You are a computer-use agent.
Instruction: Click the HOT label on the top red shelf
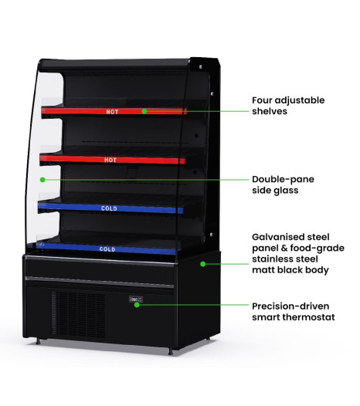[112, 112]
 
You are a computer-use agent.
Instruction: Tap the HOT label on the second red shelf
[110, 160]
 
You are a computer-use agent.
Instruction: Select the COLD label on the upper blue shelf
[109, 208]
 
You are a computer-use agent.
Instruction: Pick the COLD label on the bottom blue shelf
[107, 249]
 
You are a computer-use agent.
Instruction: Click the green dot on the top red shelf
[144, 111]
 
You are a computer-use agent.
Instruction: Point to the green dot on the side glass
[42, 180]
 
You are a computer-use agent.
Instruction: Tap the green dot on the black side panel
[203, 264]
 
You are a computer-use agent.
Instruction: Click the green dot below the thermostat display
[137, 305]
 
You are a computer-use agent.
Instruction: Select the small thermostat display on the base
[136, 299]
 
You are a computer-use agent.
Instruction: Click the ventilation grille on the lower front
[78, 313]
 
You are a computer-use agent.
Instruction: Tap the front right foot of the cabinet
[170, 351]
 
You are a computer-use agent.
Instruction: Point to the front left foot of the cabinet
[38, 341]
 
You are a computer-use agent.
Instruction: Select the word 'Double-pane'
[283, 179]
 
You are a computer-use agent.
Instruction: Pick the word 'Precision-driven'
[290, 306]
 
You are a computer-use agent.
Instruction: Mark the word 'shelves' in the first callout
[270, 111]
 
